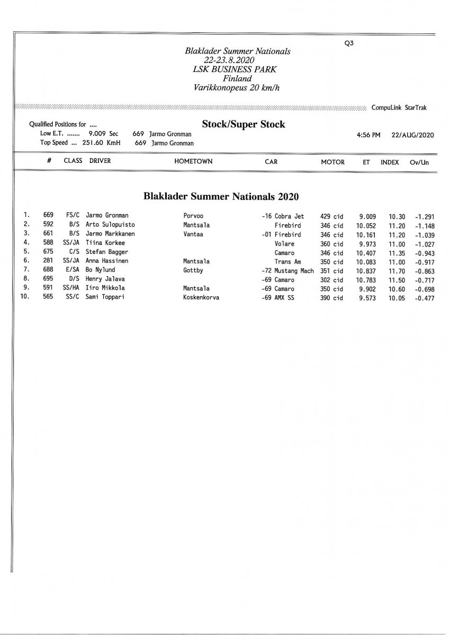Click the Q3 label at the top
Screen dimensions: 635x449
(x=348, y=44)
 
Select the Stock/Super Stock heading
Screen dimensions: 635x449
(x=244, y=124)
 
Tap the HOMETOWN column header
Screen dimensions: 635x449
(x=193, y=161)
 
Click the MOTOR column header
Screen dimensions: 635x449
(x=333, y=162)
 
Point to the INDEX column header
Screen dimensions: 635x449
(x=390, y=162)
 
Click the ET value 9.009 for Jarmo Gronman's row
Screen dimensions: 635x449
(x=367, y=216)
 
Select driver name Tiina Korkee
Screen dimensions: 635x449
(x=105, y=243)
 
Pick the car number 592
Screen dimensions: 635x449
(x=48, y=225)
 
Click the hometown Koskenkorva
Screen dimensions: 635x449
(x=201, y=298)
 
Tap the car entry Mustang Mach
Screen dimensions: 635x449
(x=294, y=270)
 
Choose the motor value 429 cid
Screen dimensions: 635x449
(x=332, y=216)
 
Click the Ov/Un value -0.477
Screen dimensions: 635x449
(x=425, y=298)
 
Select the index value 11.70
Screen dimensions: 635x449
(x=397, y=270)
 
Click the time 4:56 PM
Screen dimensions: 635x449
(x=369, y=135)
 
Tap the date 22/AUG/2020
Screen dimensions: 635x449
(x=413, y=135)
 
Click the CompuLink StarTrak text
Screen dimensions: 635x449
(x=399, y=107)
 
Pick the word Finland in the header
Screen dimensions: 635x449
(x=237, y=78)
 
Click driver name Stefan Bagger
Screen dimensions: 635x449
(x=107, y=252)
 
